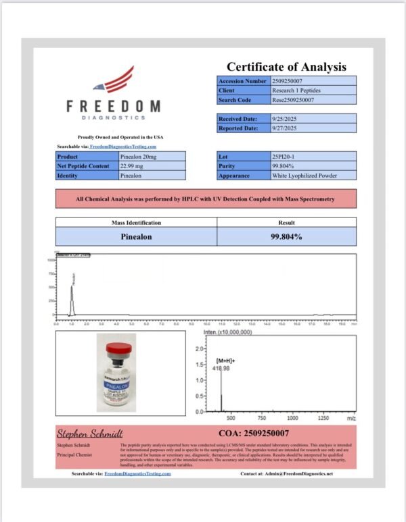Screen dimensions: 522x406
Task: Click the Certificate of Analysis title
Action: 286,67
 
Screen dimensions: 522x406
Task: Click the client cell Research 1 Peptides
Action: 290,90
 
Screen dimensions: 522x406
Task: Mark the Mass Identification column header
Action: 135,222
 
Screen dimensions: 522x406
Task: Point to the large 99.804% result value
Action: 286,237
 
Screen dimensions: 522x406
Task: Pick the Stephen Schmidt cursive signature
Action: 89,433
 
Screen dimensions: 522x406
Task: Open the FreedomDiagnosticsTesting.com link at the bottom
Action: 138,474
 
